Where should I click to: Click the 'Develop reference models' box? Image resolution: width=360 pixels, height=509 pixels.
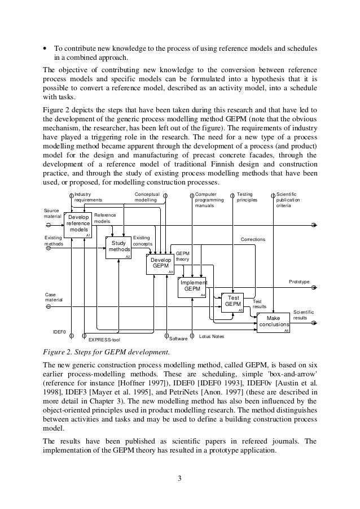pos(79,224)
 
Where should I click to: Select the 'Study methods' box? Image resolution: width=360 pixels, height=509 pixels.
pos(118,247)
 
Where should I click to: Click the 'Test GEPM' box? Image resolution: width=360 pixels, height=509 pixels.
pos(233,301)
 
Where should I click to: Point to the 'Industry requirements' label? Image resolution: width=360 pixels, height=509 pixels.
pos(89,196)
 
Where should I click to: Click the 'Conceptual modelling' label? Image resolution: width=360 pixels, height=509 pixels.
pos(146,196)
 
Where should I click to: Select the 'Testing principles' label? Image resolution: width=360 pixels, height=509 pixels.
pos(248,196)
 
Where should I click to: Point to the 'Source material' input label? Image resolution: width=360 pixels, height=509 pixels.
pos(52,213)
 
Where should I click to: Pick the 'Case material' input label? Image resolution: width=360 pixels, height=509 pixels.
pos(54,297)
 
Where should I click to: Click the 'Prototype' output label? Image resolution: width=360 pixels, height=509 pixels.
pos(299,280)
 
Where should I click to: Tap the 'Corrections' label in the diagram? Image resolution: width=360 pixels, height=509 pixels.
pos(253,239)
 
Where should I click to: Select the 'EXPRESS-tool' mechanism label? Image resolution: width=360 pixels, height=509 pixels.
pos(104,340)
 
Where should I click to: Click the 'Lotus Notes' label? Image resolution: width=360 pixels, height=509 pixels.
pos(212,336)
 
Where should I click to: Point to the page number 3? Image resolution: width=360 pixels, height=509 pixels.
pos(179,480)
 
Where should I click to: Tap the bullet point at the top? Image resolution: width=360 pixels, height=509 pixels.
pos(45,48)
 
